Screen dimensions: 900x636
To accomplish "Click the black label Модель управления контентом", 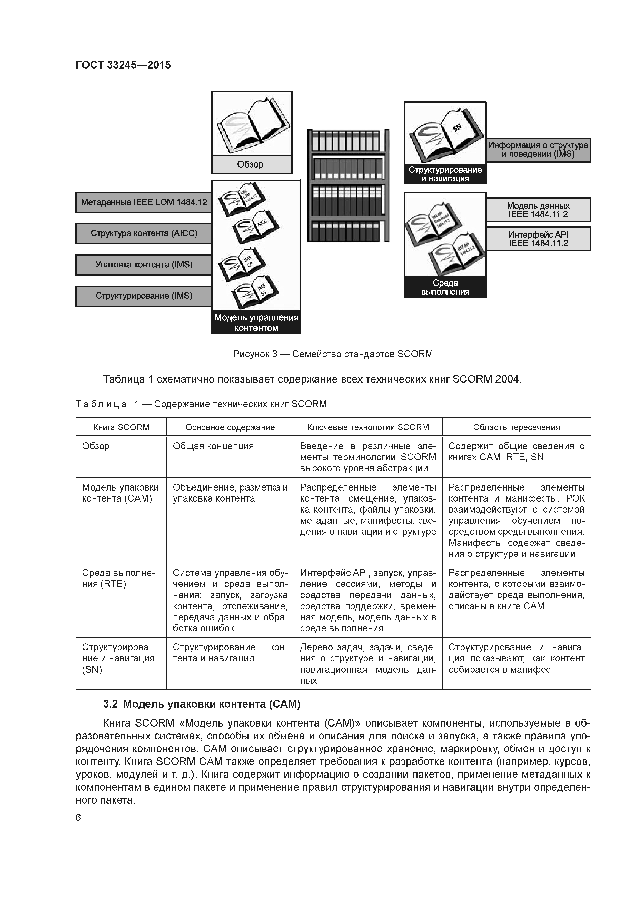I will coord(256,322).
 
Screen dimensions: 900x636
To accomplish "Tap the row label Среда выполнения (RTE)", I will coord(118,578).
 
